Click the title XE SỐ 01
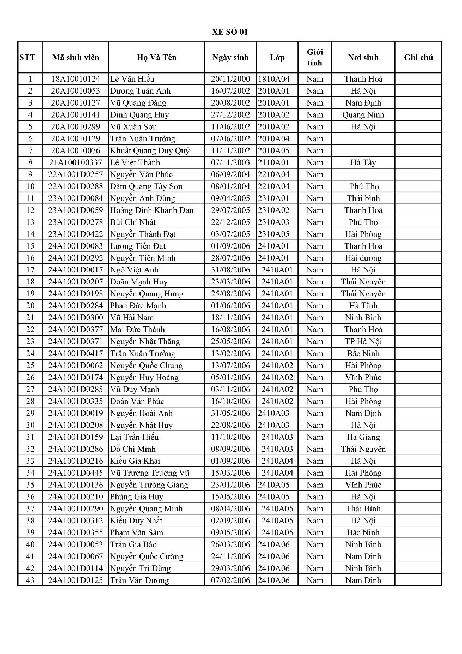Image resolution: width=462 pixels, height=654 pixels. [x=230, y=32]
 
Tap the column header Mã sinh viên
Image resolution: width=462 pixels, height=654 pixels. [x=74, y=57]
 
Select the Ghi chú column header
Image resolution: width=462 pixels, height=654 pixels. [x=418, y=57]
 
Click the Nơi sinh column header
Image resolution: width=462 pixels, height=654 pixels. [x=363, y=57]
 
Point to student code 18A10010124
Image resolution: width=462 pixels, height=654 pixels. [x=75, y=79]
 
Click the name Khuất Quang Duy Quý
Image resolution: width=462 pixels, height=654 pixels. [x=150, y=150]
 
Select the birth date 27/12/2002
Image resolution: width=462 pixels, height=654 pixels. [x=230, y=115]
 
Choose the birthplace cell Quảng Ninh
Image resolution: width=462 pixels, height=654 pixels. [x=363, y=115]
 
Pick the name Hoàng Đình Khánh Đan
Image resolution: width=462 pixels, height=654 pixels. [x=151, y=210]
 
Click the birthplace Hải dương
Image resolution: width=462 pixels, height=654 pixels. [x=363, y=258]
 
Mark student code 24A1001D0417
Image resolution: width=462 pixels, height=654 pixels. [x=75, y=353]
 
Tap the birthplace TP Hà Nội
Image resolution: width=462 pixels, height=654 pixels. [x=363, y=341]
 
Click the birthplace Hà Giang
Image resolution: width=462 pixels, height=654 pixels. [x=363, y=437]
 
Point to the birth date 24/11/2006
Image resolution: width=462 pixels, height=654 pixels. [x=230, y=556]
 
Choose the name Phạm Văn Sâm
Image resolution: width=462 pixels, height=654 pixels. [x=136, y=532]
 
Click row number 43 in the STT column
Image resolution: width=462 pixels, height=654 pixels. [x=30, y=580]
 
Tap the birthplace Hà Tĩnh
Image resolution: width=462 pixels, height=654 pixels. [x=363, y=306]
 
